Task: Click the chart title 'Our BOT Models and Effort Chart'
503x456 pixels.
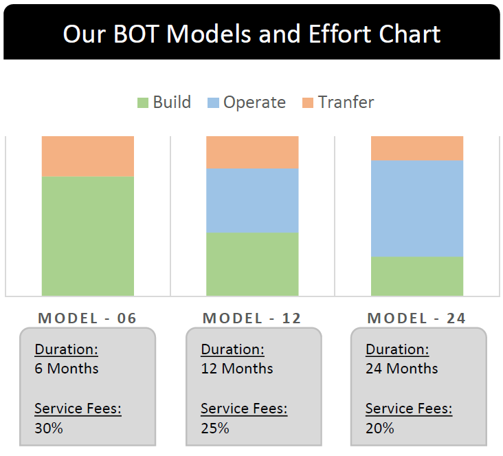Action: pos(252,34)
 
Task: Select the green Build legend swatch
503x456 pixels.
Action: pos(143,102)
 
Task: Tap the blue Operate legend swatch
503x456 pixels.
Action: pos(213,102)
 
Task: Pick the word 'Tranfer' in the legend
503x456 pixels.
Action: pos(346,102)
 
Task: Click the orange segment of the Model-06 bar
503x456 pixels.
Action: pos(88,156)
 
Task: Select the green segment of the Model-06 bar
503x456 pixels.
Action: pos(88,236)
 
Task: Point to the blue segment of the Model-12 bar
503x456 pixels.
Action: pos(252,201)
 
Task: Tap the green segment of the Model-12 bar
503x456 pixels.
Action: pos(252,264)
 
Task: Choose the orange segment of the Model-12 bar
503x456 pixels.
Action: pos(252,153)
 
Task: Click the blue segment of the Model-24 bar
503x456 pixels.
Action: pos(417,208)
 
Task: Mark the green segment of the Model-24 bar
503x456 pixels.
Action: pos(417,276)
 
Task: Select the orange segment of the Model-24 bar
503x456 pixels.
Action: pos(417,149)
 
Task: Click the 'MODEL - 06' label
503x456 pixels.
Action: pos(87,318)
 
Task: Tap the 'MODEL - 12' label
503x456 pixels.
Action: pos(252,318)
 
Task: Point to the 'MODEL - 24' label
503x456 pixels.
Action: pos(416,318)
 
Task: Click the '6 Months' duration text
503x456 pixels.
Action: pos(67,369)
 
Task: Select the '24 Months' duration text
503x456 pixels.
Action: pos(401,369)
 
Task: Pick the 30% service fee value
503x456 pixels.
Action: pos(49,428)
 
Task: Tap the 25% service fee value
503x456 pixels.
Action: pos(215,428)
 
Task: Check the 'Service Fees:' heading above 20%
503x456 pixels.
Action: pos(409,409)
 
